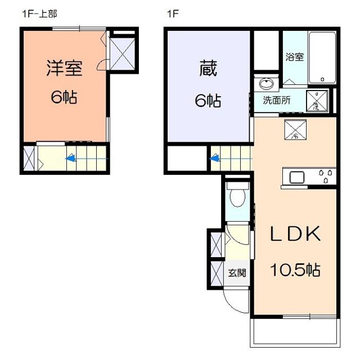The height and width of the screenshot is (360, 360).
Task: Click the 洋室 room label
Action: coord(64,68)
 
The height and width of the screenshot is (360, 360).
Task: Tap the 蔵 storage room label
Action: coord(208,70)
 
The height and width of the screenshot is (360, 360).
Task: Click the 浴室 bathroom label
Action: coord(294,57)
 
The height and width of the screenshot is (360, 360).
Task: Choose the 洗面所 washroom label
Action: coord(277,102)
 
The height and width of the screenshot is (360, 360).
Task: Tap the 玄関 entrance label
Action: coord(237,273)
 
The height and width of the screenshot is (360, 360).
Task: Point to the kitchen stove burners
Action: coord(327,176)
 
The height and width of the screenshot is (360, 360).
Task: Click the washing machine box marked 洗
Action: coord(318,101)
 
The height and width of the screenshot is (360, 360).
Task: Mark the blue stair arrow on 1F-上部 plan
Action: coord(71,159)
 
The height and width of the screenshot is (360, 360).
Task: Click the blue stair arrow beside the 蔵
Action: coord(215,159)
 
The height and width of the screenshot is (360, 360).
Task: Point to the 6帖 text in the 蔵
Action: coord(208,101)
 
